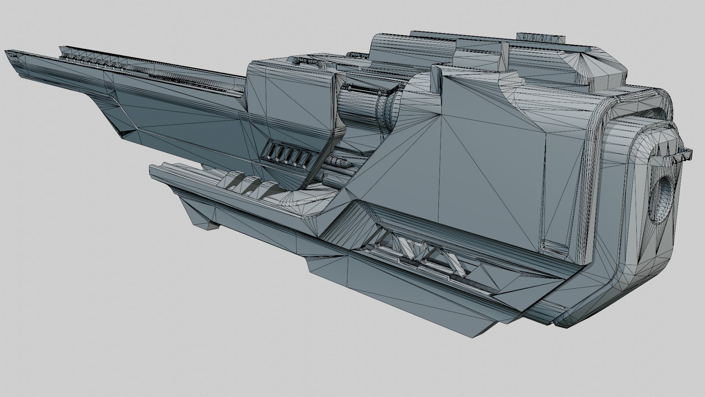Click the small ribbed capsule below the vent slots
coord(340,162)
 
